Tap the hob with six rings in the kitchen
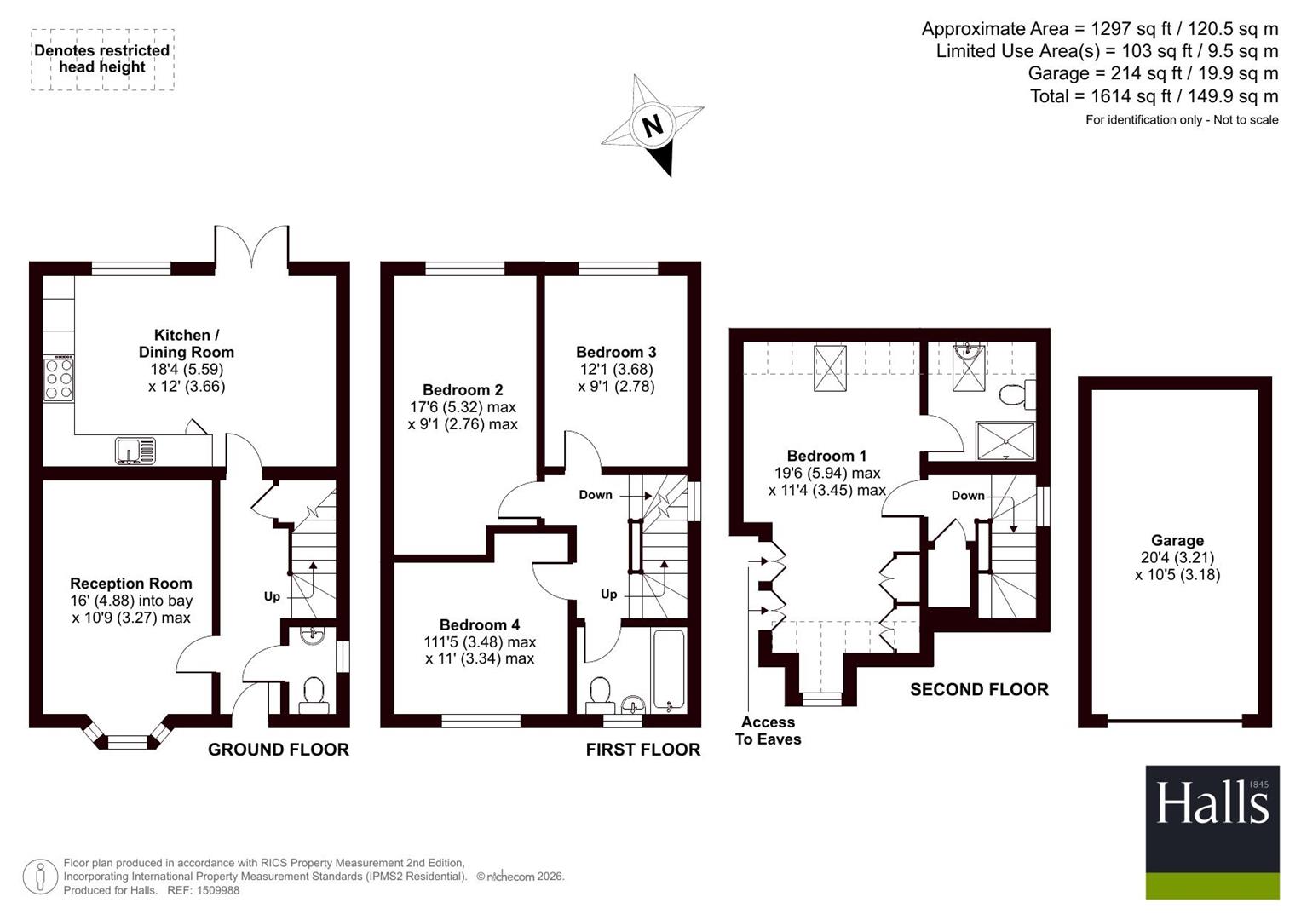tap(59, 379)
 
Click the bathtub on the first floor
tap(670, 671)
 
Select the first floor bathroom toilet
tap(600, 694)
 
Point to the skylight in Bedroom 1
tap(830, 368)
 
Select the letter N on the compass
tap(653, 125)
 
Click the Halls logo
tap(1212, 832)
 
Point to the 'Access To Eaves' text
tap(768, 731)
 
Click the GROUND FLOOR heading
tap(279, 750)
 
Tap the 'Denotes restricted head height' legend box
tap(102, 60)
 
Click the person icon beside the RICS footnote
tap(40, 877)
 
